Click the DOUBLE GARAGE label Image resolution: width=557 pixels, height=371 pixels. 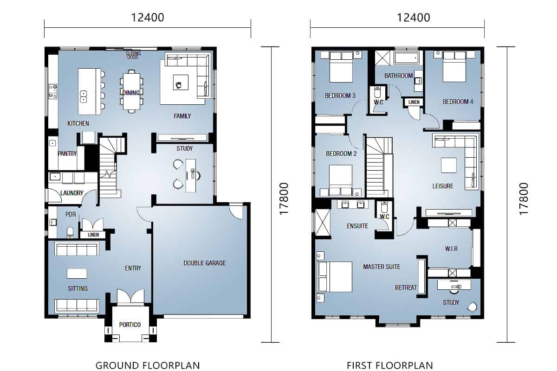click(x=205, y=263)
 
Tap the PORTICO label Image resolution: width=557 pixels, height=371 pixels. click(x=130, y=325)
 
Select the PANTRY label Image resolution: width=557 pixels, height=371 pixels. click(x=67, y=154)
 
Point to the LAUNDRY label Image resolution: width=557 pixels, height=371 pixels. click(x=71, y=193)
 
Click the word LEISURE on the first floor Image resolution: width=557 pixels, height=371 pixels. click(x=443, y=186)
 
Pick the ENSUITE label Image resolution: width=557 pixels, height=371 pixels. click(x=357, y=226)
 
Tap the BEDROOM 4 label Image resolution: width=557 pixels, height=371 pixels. click(x=458, y=102)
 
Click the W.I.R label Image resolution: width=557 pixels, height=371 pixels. click(x=451, y=249)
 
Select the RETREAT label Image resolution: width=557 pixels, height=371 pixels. click(x=406, y=288)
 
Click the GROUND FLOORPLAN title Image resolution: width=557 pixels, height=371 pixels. click(x=148, y=365)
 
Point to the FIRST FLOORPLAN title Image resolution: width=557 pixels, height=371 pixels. click(x=389, y=365)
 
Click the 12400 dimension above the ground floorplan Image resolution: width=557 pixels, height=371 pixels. click(x=148, y=18)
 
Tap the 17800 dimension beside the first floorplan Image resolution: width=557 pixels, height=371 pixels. click(x=524, y=198)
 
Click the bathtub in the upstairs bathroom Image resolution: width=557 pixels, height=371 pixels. click(x=406, y=58)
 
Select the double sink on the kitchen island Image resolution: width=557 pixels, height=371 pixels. click(x=83, y=96)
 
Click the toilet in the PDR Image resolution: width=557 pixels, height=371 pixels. click(x=70, y=232)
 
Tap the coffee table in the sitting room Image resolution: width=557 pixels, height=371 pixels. click(x=77, y=274)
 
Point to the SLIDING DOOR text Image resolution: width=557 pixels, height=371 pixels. click(x=134, y=55)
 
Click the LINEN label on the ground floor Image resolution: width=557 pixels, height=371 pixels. click(x=93, y=235)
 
